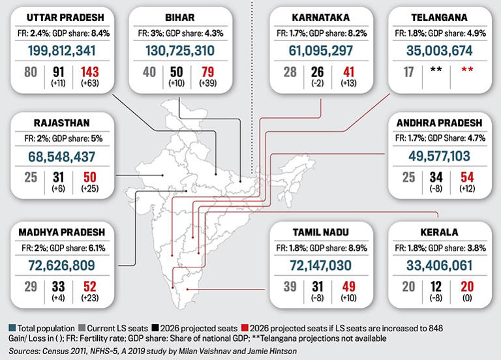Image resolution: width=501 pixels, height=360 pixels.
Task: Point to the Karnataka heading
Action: [x=321, y=16]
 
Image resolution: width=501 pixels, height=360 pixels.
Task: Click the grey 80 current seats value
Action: [x=31, y=72]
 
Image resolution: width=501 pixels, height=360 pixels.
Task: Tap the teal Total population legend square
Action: [x=6, y=328]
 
